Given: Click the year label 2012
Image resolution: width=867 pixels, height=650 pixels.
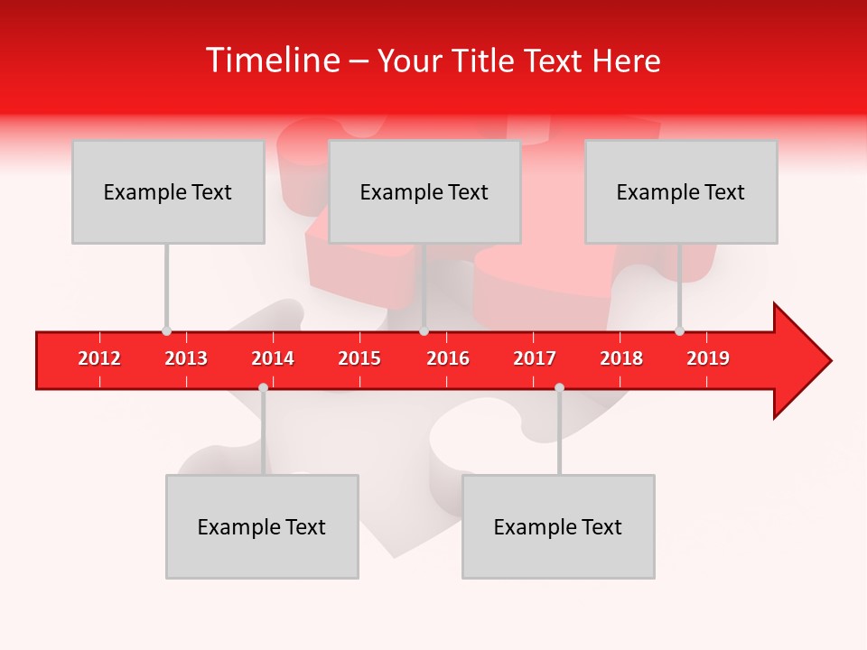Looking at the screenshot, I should pos(99,358).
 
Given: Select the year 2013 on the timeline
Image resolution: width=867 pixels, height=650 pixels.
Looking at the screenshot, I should pos(186,358).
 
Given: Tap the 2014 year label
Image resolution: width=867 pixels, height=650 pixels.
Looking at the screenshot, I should pos(273,358).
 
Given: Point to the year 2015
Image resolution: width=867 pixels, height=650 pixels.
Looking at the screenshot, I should pos(359,358).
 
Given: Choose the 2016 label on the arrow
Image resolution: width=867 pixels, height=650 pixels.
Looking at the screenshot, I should pos(448,358).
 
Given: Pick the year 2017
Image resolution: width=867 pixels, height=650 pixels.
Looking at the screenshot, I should pos(535,358).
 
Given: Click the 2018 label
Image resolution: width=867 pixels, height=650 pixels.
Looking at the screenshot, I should pos(621,358).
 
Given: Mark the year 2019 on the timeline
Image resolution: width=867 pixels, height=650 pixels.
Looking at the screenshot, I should pos(708,358).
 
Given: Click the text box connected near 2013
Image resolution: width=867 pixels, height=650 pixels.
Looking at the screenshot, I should pos(168,191).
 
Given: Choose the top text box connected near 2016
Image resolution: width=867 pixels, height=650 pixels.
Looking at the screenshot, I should pos(424,191).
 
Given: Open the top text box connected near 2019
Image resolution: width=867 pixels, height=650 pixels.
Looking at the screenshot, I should pos(681,191).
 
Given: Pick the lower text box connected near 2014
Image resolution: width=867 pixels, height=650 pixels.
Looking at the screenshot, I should pos(262,526).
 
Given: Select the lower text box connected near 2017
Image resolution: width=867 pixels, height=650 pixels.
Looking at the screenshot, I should pos(558,526).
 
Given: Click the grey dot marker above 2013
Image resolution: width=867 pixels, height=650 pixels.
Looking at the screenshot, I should pos(166,330).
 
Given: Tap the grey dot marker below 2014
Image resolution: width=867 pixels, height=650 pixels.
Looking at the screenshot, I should pos(263,387).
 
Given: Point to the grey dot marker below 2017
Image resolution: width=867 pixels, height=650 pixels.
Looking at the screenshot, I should pos(559,387).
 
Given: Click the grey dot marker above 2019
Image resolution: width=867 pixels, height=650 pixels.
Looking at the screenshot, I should pos(679,330).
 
